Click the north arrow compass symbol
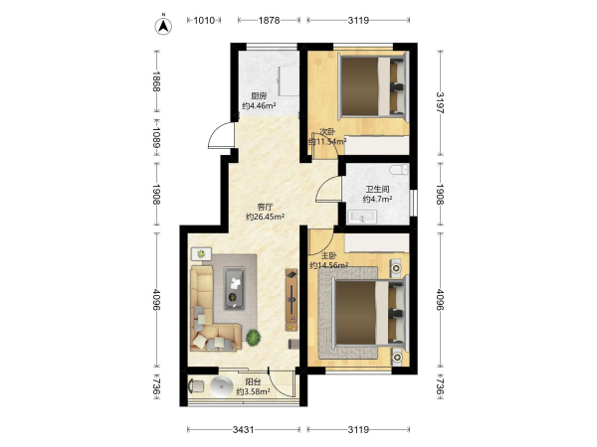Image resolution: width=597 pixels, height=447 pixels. pyautogui.click(x=163, y=26)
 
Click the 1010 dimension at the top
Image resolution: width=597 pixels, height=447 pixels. pyautogui.click(x=204, y=20)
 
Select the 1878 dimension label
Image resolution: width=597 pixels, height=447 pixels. pyautogui.click(x=270, y=20)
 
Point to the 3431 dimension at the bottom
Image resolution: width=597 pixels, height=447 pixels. pyautogui.click(x=244, y=429)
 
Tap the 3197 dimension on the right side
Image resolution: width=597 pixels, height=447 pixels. pyautogui.click(x=440, y=102)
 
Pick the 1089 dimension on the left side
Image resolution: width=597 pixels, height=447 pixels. pyautogui.click(x=156, y=137)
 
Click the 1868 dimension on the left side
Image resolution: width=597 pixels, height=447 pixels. pyautogui.click(x=156, y=81)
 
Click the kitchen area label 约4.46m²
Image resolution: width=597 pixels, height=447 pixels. pyautogui.click(x=259, y=105)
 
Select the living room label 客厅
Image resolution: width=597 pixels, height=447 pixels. pyautogui.click(x=265, y=208)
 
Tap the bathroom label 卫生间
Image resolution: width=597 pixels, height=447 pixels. pyautogui.click(x=377, y=189)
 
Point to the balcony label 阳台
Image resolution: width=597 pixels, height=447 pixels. pyautogui.click(x=253, y=381)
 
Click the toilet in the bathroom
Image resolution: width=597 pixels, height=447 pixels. pyautogui.click(x=399, y=169)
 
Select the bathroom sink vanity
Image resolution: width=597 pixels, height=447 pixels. pyautogui.click(x=362, y=218)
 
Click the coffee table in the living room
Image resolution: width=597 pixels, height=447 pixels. pyautogui.click(x=235, y=288)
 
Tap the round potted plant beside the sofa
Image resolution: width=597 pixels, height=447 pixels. pyautogui.click(x=253, y=338)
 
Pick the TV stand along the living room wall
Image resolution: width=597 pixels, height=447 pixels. pyautogui.click(x=292, y=300)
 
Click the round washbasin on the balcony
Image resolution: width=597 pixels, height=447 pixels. pyautogui.click(x=221, y=386)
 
